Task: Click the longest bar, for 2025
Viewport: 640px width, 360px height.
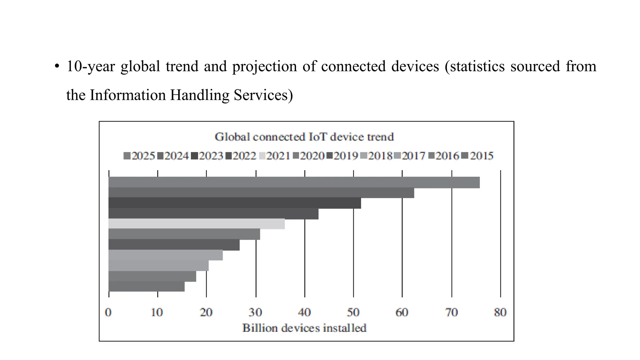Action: point(294,182)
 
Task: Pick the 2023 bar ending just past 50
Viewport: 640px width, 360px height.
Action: point(234,203)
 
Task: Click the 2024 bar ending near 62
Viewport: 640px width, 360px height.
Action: point(261,192)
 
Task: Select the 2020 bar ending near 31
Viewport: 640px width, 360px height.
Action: point(184,234)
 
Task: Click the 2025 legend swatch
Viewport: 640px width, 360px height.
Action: point(127,156)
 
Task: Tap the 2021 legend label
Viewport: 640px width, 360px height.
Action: point(278,156)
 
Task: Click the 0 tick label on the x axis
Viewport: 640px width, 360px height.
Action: point(108,312)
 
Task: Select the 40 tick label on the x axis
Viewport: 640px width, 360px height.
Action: point(304,312)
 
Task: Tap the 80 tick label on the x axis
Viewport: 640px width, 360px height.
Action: point(500,312)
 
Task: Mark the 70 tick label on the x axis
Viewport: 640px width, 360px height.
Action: point(451,312)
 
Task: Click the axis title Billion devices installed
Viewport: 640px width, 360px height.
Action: point(304,328)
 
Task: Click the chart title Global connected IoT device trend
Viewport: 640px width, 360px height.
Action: point(304,137)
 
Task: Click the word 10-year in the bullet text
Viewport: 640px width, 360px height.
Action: point(91,67)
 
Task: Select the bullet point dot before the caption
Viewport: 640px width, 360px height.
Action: point(57,67)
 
